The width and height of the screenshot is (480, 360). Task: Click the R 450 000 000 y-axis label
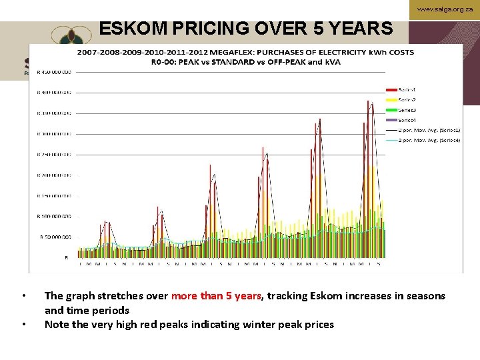click(56, 71)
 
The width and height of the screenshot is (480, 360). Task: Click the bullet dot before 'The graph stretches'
click(24, 296)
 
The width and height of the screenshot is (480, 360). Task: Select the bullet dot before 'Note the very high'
click(24, 325)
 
